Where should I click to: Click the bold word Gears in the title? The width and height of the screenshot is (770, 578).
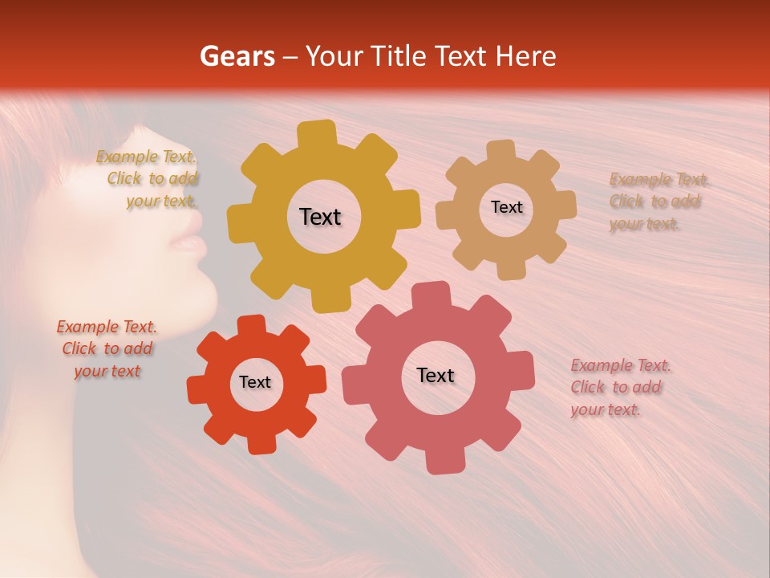tap(237, 56)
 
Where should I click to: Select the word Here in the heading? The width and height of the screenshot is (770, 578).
tap(526, 56)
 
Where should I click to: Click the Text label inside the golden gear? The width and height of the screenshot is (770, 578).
tap(320, 217)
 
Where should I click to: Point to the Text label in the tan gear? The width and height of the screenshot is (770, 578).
tap(506, 207)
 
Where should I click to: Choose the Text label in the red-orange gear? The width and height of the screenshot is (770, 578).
tap(255, 383)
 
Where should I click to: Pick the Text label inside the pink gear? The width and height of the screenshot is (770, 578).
tap(436, 376)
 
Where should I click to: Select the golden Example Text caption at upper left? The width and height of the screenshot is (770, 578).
tap(148, 179)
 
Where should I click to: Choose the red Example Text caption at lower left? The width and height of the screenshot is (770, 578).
tap(107, 349)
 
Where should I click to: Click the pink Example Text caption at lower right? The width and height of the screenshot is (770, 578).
tap(619, 388)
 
